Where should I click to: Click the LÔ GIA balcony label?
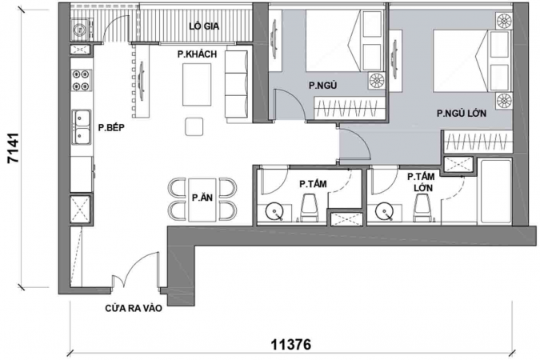point(204,26)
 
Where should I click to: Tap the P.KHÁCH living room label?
point(197,54)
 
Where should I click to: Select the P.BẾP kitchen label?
point(111,128)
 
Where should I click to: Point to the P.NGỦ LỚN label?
point(462,113)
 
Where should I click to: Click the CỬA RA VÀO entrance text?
point(134,308)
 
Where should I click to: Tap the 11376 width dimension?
point(291,344)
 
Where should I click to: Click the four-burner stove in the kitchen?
point(82,80)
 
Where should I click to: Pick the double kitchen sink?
point(82,126)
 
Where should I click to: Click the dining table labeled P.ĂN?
point(202,199)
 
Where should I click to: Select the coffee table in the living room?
point(197,85)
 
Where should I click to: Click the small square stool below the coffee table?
point(194,126)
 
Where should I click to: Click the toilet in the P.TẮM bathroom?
point(309,207)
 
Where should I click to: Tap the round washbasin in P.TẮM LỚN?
point(384,211)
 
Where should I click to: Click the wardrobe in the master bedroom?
point(477,142)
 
